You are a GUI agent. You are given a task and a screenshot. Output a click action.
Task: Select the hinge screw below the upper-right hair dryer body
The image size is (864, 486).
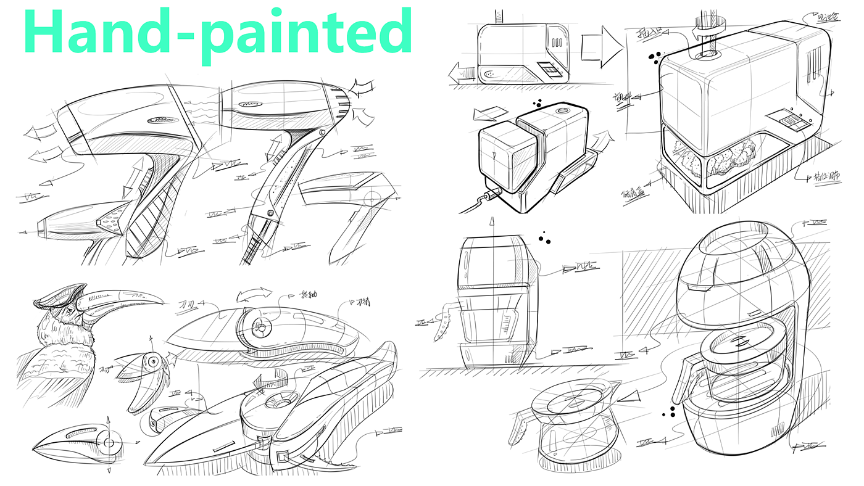point(322,133)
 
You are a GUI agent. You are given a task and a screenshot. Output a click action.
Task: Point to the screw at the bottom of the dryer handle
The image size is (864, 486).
point(270,213)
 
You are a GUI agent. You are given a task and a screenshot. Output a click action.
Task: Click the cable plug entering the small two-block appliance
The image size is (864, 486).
point(491,197)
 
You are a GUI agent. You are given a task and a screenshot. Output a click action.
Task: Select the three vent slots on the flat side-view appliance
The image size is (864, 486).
point(558,44)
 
